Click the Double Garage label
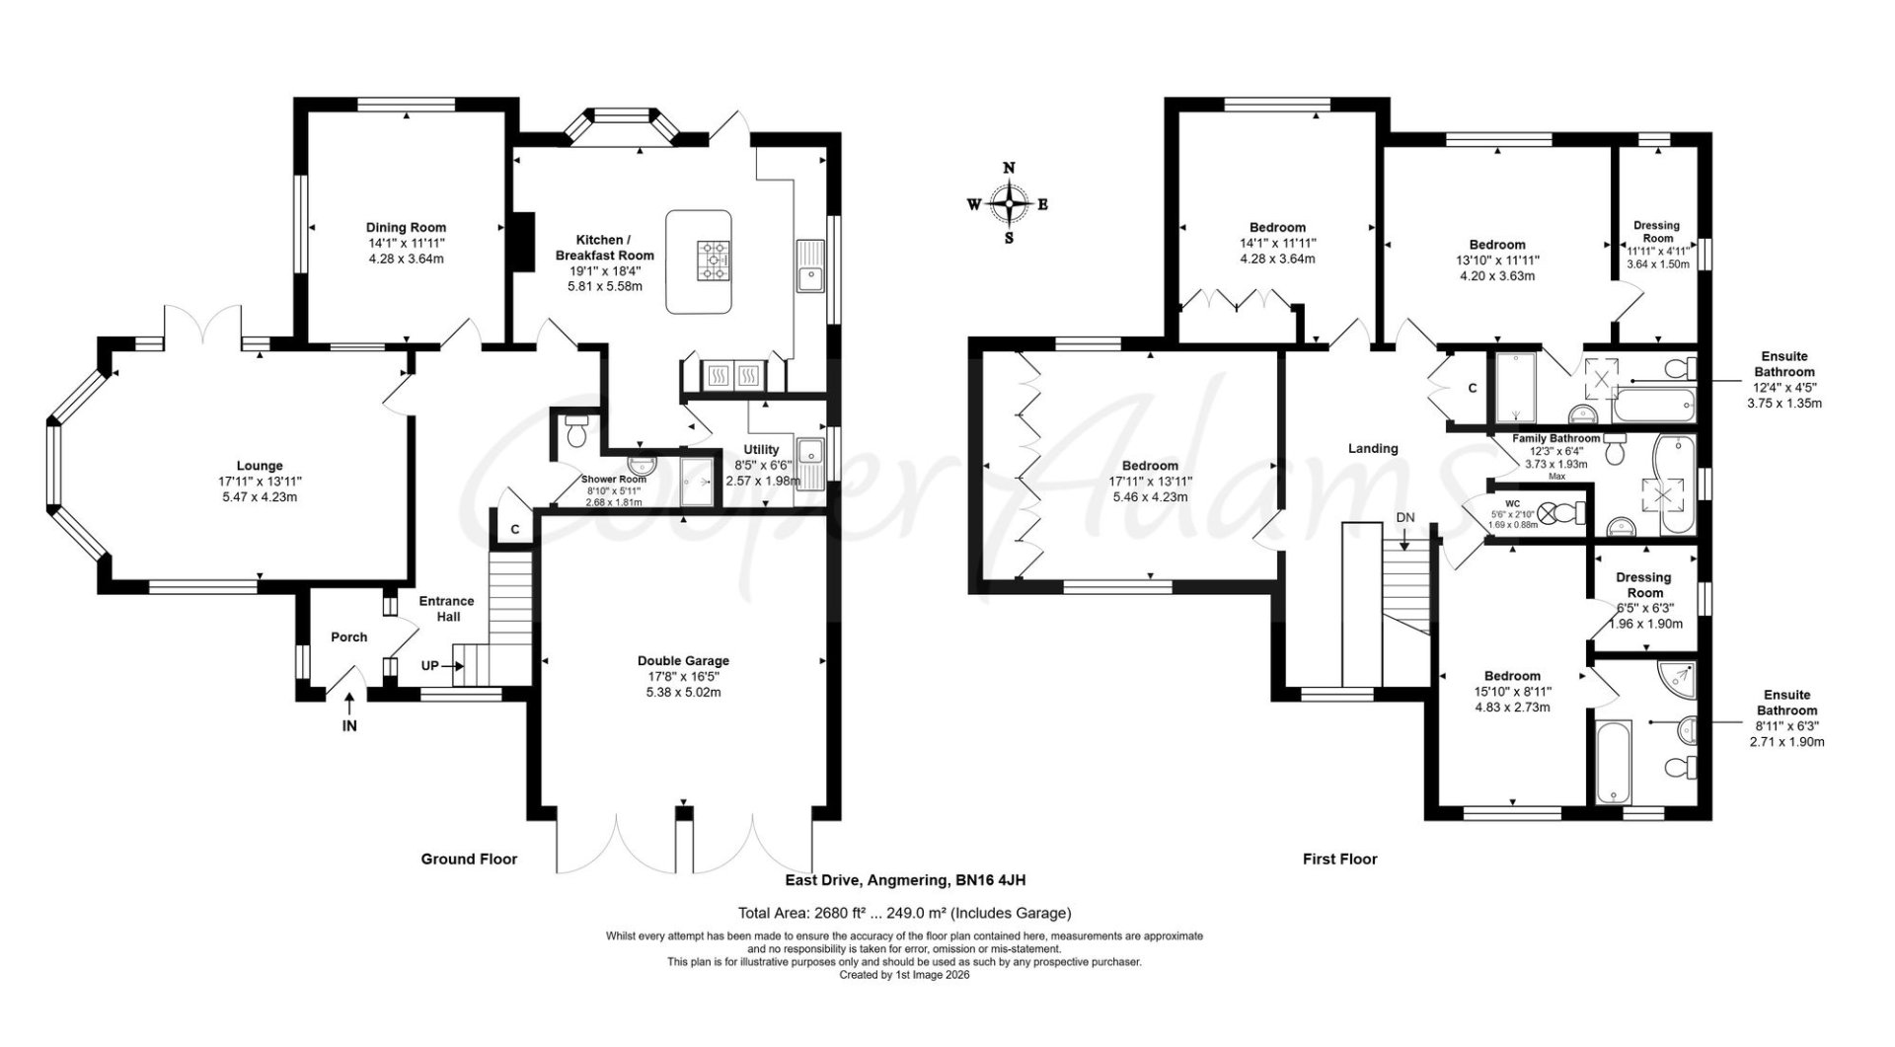pyautogui.click(x=683, y=661)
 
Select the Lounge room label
pyautogui.click(x=260, y=466)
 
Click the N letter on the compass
pyautogui.click(x=1009, y=168)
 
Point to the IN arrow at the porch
pyautogui.click(x=349, y=704)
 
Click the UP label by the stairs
pyautogui.click(x=430, y=666)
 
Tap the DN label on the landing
pyautogui.click(x=1404, y=518)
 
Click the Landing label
pyautogui.click(x=1373, y=448)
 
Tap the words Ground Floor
pyautogui.click(x=469, y=860)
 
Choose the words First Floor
pyautogui.click(x=1339, y=860)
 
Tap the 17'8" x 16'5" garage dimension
pyautogui.click(x=683, y=677)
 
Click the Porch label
pyautogui.click(x=348, y=637)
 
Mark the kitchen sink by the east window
pyautogui.click(x=810, y=266)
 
